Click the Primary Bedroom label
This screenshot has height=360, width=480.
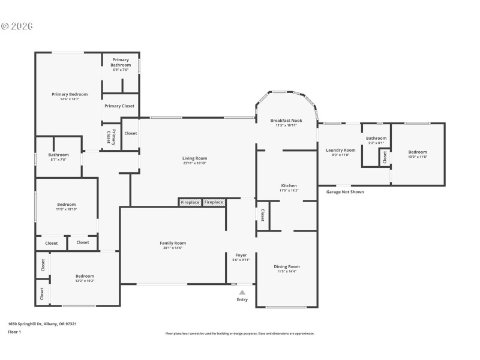point(70,94)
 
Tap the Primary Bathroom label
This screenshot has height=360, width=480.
point(121,62)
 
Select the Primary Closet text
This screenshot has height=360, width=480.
point(119,106)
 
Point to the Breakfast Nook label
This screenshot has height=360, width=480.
point(286,121)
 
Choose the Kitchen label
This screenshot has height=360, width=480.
point(289,186)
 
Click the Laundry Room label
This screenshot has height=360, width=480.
point(340,150)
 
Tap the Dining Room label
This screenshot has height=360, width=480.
point(286,266)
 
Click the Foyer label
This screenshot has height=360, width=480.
point(241,255)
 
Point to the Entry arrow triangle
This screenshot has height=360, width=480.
point(242,292)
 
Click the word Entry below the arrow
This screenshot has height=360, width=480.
point(242,299)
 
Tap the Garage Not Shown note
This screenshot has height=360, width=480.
point(344,192)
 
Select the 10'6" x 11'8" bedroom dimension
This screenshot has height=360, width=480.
point(418,157)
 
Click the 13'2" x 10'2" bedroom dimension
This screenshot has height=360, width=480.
point(85,281)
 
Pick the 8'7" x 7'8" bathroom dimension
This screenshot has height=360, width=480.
point(59,160)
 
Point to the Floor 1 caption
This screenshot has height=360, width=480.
point(14,331)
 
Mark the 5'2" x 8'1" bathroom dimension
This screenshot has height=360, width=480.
point(376,143)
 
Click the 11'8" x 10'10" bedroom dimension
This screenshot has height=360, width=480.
point(67,209)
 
